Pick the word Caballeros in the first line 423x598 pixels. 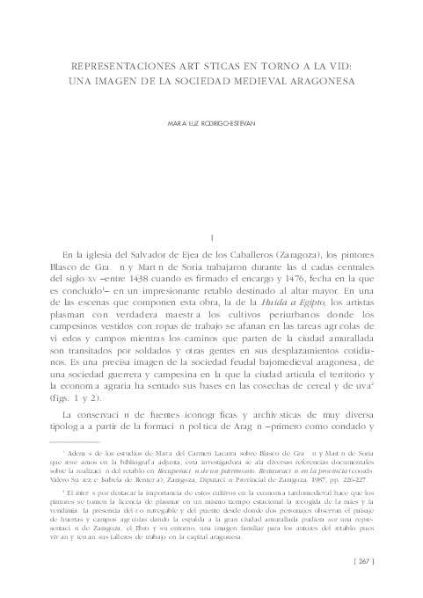(241, 256)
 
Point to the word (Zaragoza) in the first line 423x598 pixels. (298, 256)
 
